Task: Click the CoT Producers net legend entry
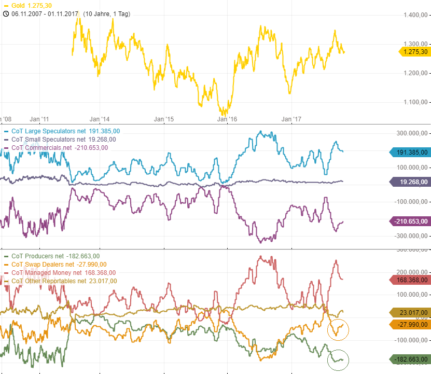click(51, 256)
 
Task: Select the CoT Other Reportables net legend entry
click(64, 281)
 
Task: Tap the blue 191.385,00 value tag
click(410, 153)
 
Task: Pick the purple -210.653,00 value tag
click(410, 221)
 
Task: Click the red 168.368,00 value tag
click(410, 280)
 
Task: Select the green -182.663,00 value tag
click(410, 359)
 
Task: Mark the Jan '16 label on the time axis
click(226, 119)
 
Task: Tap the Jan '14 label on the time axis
click(99, 119)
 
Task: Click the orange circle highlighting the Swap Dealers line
click(338, 329)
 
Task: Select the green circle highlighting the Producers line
click(339, 359)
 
